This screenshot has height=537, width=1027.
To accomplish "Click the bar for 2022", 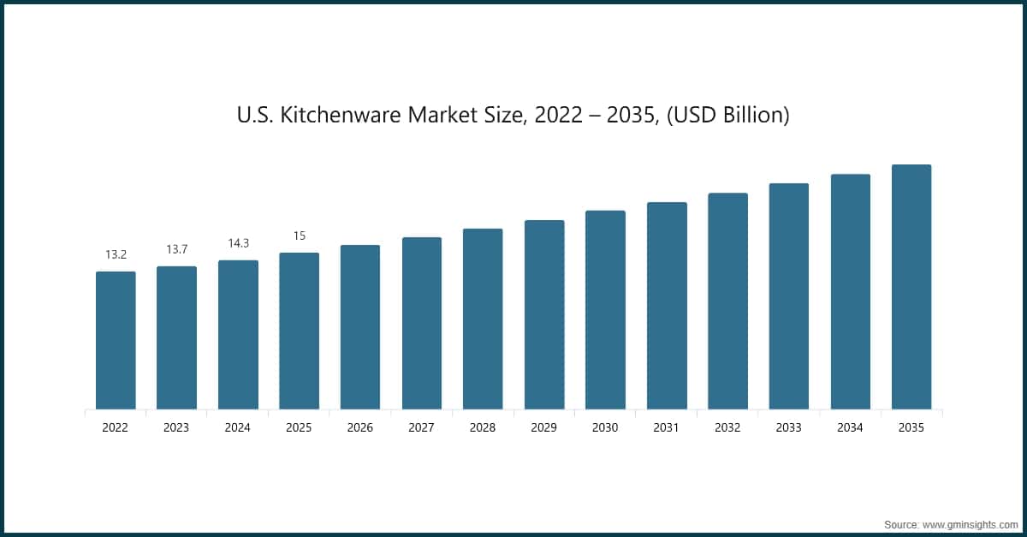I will click(116, 340).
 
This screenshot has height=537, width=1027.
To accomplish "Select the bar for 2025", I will click(300, 331).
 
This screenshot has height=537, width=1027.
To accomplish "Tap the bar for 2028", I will click(483, 319).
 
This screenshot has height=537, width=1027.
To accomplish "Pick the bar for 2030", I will click(605, 309).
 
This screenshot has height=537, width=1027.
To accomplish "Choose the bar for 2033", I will click(789, 295).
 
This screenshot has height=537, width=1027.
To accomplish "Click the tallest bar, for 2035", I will click(911, 286).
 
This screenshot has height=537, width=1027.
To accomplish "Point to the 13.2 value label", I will click(116, 254).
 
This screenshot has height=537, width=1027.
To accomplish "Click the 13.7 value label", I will click(177, 249).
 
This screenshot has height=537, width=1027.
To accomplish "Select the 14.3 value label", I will click(238, 243).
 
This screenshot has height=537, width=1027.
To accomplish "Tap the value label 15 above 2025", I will click(300, 236).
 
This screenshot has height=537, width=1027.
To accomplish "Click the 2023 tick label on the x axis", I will click(177, 427).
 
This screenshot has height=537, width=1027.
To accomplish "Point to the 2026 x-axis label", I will click(360, 427).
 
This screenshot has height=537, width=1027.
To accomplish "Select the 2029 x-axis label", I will click(544, 427).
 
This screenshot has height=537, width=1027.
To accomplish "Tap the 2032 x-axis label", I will click(727, 427).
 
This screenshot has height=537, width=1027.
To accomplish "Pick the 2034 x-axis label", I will click(850, 427).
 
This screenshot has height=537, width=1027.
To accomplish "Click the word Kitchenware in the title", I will click(343, 115).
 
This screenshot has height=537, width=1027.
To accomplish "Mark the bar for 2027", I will click(422, 323).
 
